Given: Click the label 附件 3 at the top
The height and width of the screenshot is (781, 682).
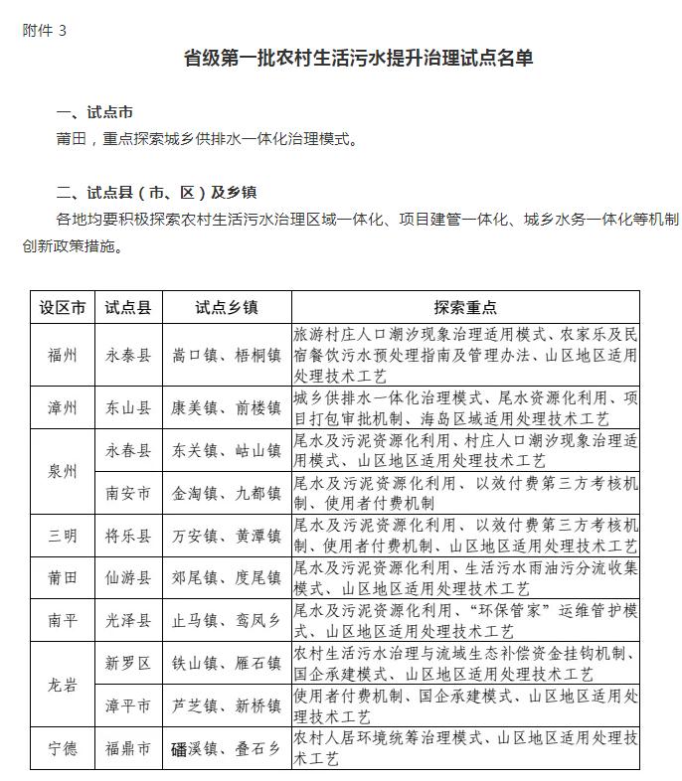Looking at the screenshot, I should click(x=45, y=30).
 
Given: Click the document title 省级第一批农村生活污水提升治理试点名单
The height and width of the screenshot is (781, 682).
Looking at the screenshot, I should click(x=359, y=59).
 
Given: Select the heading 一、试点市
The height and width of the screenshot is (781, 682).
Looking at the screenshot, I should click(x=94, y=112).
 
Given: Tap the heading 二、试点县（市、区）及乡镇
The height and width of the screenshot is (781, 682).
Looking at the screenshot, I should click(x=157, y=192).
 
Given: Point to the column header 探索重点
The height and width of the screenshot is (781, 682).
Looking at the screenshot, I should click(x=465, y=308).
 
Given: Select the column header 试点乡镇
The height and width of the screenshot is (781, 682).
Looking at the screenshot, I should click(x=227, y=308).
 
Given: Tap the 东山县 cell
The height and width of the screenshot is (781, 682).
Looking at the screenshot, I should click(x=128, y=408).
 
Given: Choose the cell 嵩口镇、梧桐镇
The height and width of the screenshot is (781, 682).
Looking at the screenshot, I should click(x=227, y=355).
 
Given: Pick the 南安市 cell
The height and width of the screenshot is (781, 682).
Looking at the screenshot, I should click(x=128, y=493).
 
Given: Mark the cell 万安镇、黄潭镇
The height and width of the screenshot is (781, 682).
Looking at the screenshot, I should click(x=227, y=536).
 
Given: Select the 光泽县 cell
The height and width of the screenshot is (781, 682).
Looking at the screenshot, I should click(x=128, y=621).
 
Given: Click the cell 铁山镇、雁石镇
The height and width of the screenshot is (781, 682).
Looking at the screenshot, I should click(x=227, y=664).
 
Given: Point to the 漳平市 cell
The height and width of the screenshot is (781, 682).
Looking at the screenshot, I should click(x=128, y=706).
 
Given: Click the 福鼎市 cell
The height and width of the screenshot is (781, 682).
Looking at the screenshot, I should click(x=128, y=749).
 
